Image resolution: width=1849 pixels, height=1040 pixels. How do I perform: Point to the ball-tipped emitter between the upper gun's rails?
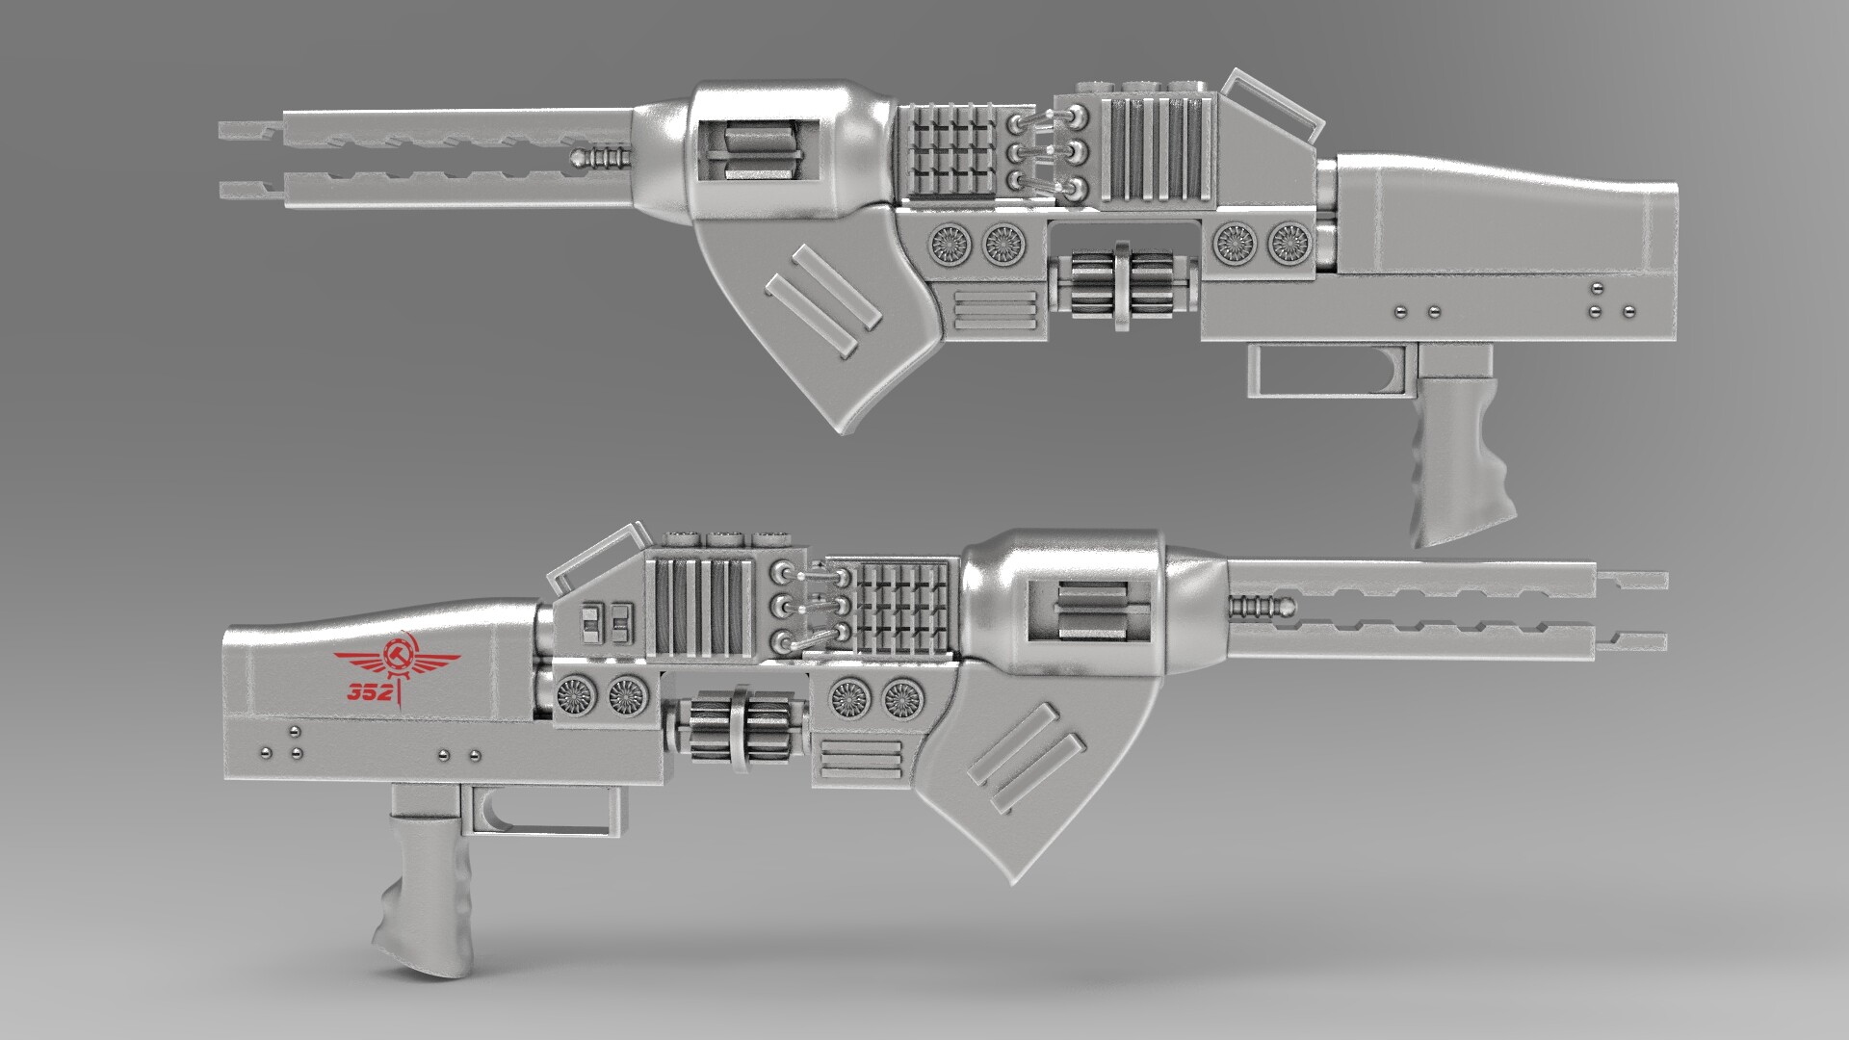click(602, 158)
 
